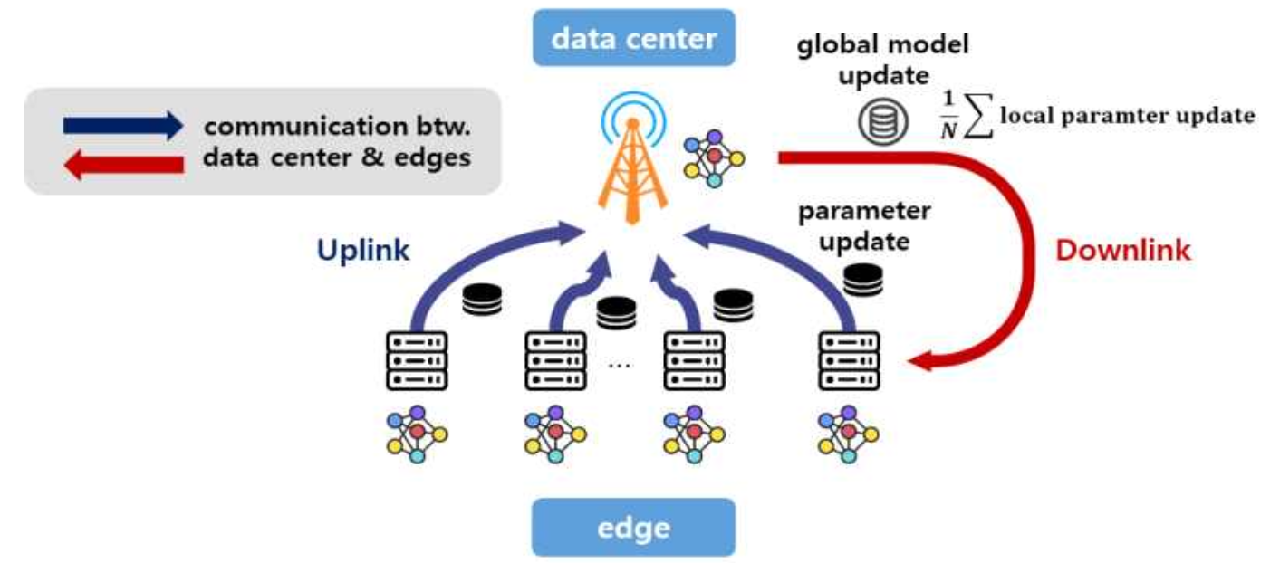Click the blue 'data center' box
pyautogui.click(x=633, y=38)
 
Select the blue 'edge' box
pyautogui.click(x=633, y=526)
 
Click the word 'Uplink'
pyautogui.click(x=362, y=251)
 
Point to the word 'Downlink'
pyautogui.click(x=1123, y=251)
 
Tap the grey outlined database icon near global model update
pyautogui.click(x=876, y=124)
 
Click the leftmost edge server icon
pyautogui.click(x=417, y=360)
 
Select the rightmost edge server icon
pyautogui.click(x=849, y=360)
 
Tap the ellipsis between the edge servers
pyautogui.click(x=621, y=364)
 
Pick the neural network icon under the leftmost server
pyautogui.click(x=417, y=434)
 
